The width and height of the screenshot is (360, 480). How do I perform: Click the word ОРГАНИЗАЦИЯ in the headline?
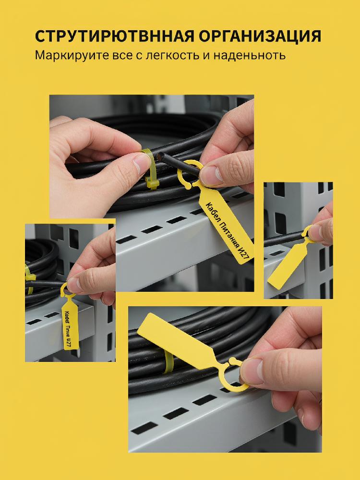point(260,36)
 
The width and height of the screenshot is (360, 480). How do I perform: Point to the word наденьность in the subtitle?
point(250,55)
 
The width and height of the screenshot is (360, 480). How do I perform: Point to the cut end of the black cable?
point(160,157)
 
